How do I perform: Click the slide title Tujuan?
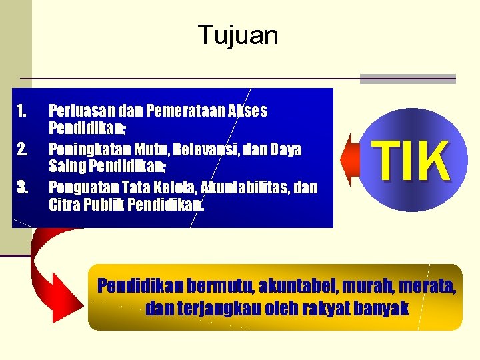[x=238, y=35]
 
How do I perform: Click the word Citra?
[x=64, y=203]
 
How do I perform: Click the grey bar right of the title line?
[x=407, y=79]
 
